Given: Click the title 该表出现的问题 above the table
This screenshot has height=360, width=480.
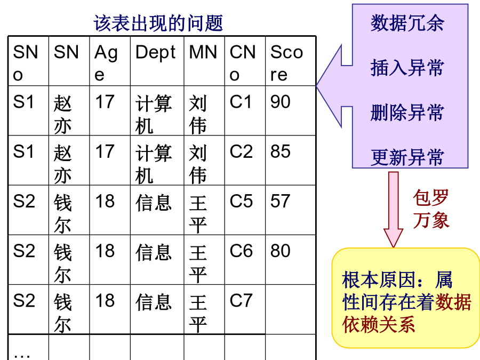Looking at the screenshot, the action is pyautogui.click(x=158, y=23).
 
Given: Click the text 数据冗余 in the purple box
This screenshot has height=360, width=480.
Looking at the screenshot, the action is pyautogui.click(x=407, y=23).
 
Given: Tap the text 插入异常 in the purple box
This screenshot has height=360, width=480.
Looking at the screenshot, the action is pyautogui.click(x=407, y=68).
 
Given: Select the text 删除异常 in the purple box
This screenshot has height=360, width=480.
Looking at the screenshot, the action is pyautogui.click(x=407, y=113).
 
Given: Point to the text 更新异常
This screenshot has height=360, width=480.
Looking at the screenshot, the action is pyautogui.click(x=407, y=157).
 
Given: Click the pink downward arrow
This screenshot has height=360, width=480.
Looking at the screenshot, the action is pyautogui.click(x=394, y=210).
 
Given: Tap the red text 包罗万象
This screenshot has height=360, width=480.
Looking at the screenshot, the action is pyautogui.click(x=431, y=209).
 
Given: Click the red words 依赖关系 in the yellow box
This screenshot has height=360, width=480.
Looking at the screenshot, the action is pyautogui.click(x=378, y=325).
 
